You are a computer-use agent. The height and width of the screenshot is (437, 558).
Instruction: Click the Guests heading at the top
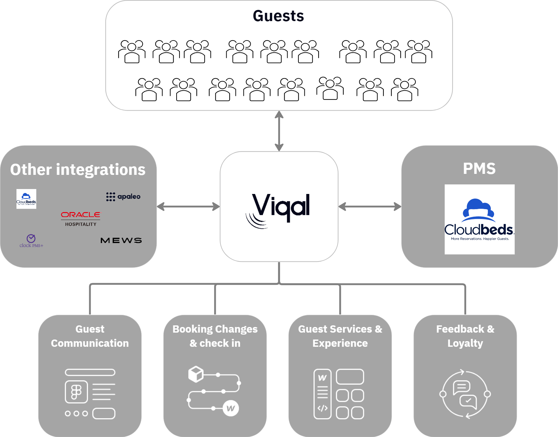point(278,16)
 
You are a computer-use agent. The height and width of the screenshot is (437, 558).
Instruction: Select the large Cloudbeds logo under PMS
point(479,219)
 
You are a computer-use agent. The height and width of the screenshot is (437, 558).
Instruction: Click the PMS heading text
point(479,169)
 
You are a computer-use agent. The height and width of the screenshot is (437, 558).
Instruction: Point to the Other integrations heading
point(78,170)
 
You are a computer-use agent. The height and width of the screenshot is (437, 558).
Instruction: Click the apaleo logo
point(123,197)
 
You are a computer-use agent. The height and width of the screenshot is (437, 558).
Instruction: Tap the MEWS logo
point(121,240)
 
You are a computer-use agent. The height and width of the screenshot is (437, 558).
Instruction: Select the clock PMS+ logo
point(31,241)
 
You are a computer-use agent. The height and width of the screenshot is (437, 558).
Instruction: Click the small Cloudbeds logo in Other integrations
point(26,199)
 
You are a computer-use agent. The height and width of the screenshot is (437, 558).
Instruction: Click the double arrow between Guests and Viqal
point(279,131)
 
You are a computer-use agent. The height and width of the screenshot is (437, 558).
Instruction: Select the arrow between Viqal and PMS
point(370,207)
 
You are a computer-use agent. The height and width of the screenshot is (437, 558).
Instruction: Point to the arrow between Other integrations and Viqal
point(188,207)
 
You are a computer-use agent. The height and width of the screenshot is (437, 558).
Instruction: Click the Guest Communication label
point(90,336)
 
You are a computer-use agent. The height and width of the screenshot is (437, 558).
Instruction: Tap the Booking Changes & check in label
point(215,336)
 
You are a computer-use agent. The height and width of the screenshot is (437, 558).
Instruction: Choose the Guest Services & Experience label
point(340,336)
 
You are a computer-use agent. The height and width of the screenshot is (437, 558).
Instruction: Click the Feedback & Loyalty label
point(465,336)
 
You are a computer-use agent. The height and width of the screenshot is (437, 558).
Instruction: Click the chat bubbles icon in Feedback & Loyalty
point(465,394)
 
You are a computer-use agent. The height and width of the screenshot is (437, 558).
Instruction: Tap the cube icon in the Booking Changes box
point(196,374)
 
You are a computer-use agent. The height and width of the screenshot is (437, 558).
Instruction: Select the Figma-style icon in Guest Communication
point(76,392)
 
